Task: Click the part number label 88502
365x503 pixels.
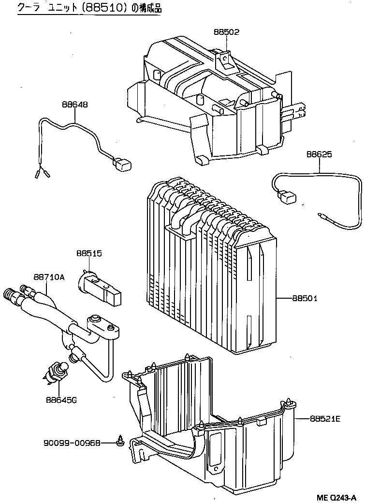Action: coord(227,32)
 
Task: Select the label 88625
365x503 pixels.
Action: coord(319,154)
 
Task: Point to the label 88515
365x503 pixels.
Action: coord(89,253)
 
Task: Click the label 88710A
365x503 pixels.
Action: coord(49,277)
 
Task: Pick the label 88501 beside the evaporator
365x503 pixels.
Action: coord(305,298)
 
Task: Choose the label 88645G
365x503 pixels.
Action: coord(61,400)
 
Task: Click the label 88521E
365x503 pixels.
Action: coord(325,419)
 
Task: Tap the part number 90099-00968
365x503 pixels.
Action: coord(72,443)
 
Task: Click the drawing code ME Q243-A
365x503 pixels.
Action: coord(336,498)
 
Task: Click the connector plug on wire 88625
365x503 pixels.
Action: coord(287,197)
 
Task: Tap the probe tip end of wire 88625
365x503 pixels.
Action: coord(321,214)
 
